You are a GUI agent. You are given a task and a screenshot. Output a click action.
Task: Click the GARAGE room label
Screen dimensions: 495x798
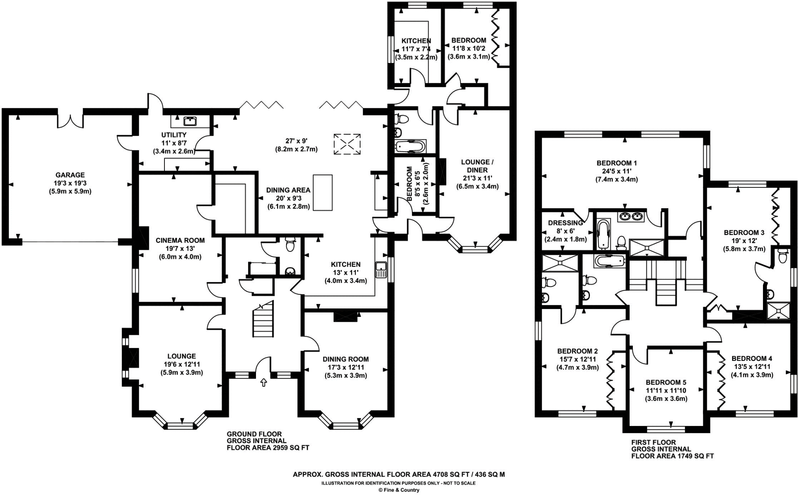pos(70,175)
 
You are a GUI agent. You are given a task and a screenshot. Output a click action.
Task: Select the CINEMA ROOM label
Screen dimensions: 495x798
pos(180,240)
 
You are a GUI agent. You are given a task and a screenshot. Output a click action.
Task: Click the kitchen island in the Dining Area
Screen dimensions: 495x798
pos(323,193)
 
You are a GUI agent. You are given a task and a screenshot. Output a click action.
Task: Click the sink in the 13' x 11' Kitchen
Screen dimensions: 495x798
pos(381,270)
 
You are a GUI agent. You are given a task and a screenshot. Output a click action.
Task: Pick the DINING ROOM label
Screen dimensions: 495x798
pos(345,359)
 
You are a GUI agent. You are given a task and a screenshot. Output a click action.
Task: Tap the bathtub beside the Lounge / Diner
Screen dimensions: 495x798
pos(410,147)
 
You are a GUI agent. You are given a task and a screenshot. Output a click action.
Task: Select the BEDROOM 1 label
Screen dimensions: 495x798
pos(616,163)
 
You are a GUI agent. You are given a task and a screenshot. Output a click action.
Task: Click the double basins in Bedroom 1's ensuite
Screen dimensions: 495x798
pos(631,216)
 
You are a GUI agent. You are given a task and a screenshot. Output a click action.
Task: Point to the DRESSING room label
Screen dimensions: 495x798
pos(565,223)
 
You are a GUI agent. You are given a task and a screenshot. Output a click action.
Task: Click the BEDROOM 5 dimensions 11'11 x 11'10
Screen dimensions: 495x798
pos(666,391)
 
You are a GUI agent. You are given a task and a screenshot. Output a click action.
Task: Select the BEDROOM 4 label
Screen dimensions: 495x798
pos(752,359)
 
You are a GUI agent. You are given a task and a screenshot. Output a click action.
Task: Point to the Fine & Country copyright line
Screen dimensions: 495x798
pos(399,490)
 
